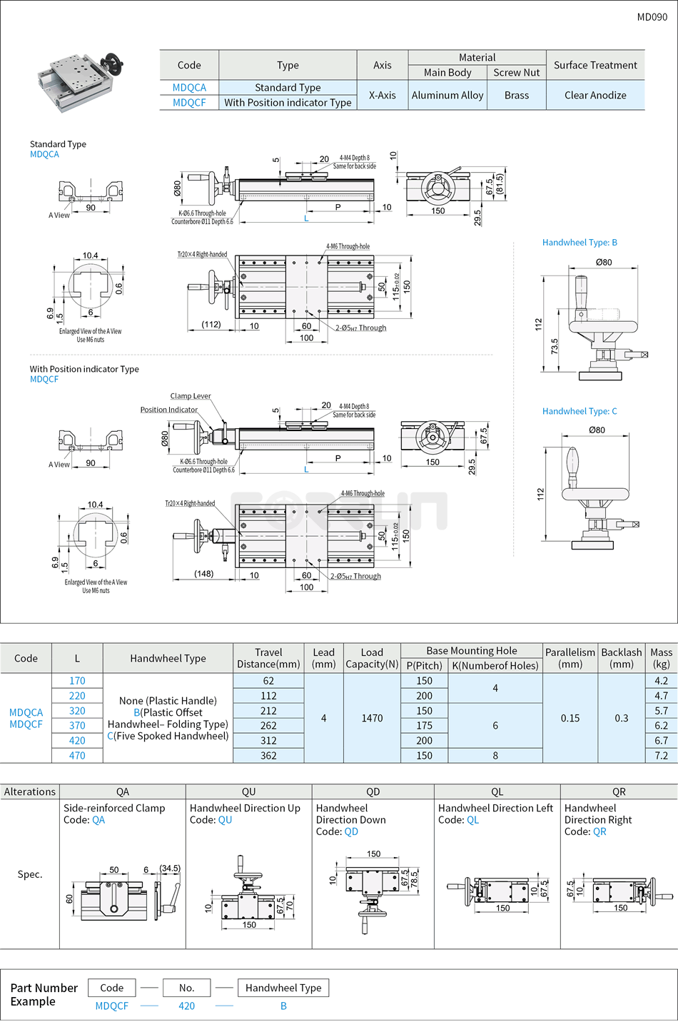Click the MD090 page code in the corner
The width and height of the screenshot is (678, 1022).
point(652,17)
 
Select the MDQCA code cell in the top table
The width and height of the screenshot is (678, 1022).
point(189,88)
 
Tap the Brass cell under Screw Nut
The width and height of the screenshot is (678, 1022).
point(516,95)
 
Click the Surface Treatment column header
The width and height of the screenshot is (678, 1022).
point(595,65)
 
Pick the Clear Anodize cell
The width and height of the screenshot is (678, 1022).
point(595,95)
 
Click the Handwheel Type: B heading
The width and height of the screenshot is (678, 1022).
point(580,243)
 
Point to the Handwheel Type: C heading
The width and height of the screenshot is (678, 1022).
point(580,411)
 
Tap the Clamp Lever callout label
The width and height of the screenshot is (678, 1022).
point(191,396)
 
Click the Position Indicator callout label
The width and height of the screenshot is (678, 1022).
point(169,410)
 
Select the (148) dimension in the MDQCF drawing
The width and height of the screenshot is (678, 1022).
point(204,574)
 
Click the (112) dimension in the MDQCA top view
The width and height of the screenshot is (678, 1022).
point(211,325)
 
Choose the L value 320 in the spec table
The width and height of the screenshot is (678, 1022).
point(77,711)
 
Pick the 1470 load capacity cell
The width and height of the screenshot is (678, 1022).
point(372,718)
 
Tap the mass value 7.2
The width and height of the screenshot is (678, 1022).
point(661,755)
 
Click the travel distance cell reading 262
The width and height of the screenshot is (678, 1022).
point(268,726)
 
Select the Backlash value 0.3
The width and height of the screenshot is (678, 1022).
point(621,718)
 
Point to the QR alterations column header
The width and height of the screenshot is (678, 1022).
point(619,791)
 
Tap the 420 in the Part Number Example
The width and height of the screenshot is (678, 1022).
point(187,1006)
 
